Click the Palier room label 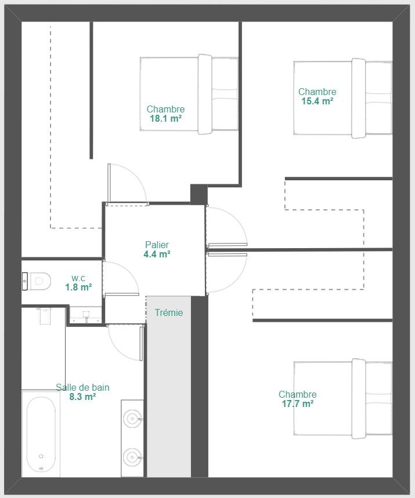pos(157,245)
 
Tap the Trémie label pos(169,312)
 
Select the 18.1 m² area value pos(165,119)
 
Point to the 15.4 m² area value pos(317,101)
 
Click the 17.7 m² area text pos(298,404)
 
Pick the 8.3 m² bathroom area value pos(82,397)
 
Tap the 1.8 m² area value pos(78,288)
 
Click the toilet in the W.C pos(37,281)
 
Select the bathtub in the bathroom pos(41,434)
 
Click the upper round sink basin pos(132,419)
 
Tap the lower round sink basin pos(132,457)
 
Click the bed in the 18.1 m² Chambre pos(189,94)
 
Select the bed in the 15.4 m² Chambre pos(343,98)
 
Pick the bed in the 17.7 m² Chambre pos(343,399)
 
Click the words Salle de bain pos(82,387)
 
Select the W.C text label pos(78,278)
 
